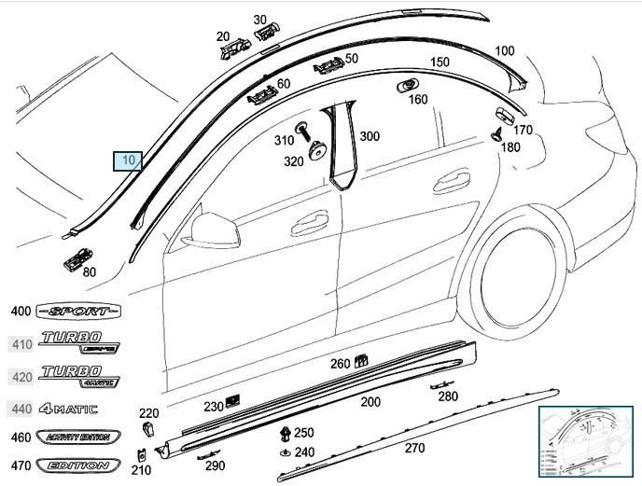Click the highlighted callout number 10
(x=127, y=160)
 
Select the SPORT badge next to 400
(x=79, y=311)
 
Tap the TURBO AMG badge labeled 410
(x=79, y=344)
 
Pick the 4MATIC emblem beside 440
(x=70, y=409)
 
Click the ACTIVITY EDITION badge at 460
(x=73, y=437)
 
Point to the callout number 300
(x=370, y=136)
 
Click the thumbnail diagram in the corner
(x=587, y=441)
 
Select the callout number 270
(x=414, y=448)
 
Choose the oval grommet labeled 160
(x=407, y=86)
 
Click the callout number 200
(x=370, y=402)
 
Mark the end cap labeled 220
(x=148, y=428)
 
